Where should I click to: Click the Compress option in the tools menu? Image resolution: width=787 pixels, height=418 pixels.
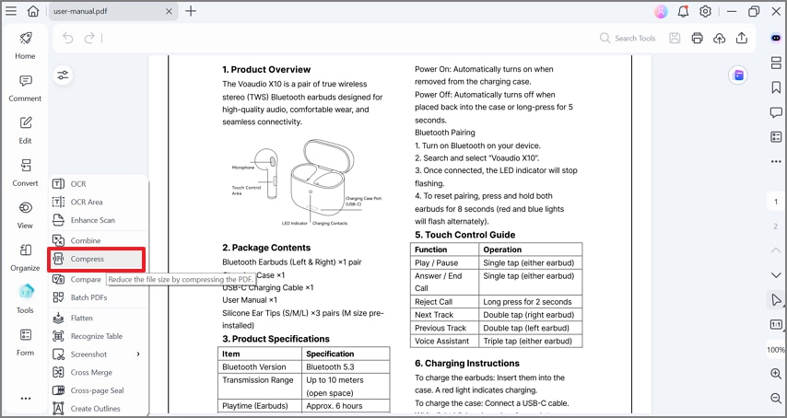(87, 260)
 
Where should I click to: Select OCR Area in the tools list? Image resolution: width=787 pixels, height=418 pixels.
(86, 202)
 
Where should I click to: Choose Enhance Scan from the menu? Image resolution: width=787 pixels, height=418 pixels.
(92, 220)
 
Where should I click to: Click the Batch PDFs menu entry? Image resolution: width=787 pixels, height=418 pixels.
(88, 297)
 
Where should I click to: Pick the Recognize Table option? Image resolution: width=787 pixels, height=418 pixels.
(96, 336)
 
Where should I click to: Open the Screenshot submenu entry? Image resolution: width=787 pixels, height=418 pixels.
(88, 354)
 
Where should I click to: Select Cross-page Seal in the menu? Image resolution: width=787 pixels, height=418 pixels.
(97, 390)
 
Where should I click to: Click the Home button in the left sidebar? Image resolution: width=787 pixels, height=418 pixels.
(25, 44)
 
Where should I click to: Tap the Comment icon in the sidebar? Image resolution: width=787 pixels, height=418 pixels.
(25, 87)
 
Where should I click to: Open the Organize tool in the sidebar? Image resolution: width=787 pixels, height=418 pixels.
(25, 256)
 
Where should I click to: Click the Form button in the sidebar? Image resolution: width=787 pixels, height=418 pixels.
(25, 341)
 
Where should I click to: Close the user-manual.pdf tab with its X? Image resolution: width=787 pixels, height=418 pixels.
(170, 11)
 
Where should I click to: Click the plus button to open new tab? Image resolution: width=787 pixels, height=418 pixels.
(191, 11)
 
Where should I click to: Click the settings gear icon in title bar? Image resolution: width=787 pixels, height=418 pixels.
(705, 11)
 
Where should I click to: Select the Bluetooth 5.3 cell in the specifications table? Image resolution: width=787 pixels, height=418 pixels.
(330, 366)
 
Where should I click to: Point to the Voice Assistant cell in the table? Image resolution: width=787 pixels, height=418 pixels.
(443, 341)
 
